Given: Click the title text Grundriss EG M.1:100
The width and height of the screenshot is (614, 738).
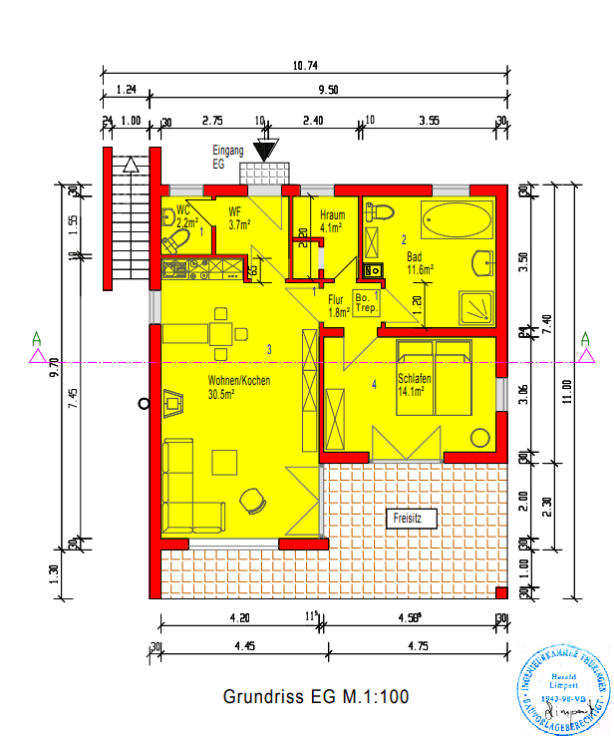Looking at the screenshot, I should pyautogui.click(x=316, y=696).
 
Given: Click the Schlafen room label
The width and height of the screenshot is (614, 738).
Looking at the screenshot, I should pyautogui.click(x=414, y=385).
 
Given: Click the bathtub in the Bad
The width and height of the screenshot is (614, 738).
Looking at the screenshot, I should pyautogui.click(x=458, y=218).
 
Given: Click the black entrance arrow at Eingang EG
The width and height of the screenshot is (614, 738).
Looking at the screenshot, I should pyautogui.click(x=264, y=151).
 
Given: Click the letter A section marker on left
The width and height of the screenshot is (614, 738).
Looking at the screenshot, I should pyautogui.click(x=37, y=338).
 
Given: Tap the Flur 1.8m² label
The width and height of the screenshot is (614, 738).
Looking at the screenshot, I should pyautogui.click(x=339, y=305).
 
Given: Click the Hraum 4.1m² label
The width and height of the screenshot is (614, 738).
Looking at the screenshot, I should pyautogui.click(x=332, y=220).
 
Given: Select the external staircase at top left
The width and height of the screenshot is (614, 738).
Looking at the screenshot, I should pyautogui.click(x=127, y=216).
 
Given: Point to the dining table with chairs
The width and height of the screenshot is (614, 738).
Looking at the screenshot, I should pyautogui.click(x=221, y=333).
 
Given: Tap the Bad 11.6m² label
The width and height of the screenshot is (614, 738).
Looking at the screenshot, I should pyautogui.click(x=420, y=263).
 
